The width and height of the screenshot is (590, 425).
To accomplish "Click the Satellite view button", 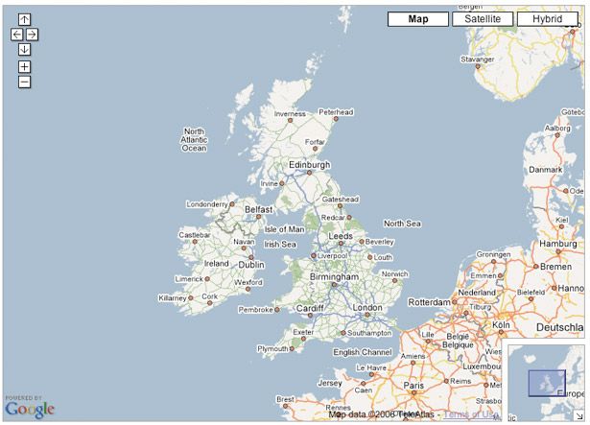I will click(483, 18).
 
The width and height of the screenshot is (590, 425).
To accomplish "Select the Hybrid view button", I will click(547, 18).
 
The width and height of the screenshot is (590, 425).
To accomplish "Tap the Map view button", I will click(417, 18).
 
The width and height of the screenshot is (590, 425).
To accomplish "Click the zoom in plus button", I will click(24, 66).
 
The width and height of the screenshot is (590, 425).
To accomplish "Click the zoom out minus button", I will click(24, 82).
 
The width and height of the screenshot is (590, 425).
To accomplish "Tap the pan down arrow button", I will click(24, 49).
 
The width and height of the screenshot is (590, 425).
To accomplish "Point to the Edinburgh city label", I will click(309, 164).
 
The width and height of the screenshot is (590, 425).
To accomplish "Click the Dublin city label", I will click(250, 265).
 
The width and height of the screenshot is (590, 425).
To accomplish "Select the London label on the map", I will click(367, 308).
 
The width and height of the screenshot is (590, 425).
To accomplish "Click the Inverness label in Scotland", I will click(290, 113).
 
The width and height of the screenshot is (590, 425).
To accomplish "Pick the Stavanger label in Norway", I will click(477, 59).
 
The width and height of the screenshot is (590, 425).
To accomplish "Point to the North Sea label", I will click(402, 224).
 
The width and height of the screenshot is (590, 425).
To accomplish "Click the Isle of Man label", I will click(284, 229).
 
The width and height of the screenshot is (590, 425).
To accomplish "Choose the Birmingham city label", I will click(333, 276).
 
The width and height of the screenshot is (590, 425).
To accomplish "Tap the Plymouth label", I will click(275, 349).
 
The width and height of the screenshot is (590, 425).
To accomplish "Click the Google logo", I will click(30, 410).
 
